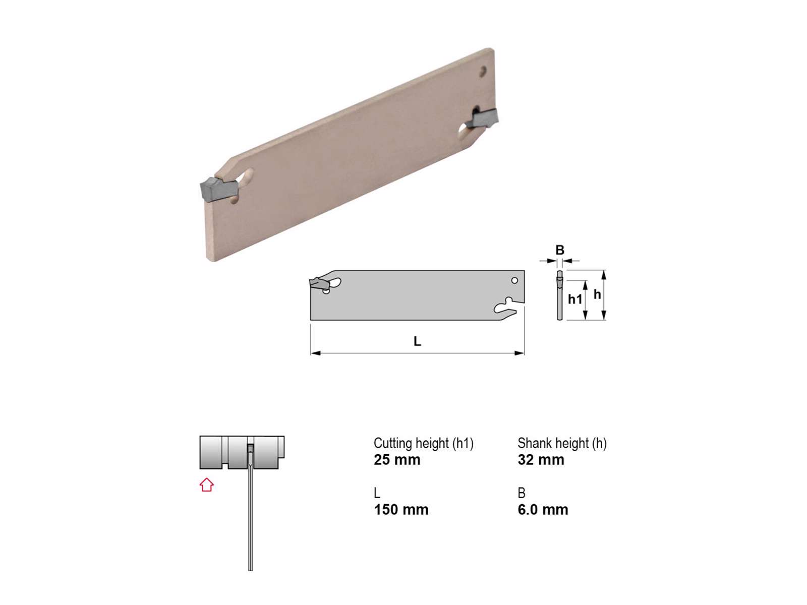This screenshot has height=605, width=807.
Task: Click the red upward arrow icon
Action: click(x=206, y=485)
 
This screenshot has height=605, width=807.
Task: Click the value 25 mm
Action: click(x=397, y=460)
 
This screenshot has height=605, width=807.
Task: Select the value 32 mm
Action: click(x=541, y=460)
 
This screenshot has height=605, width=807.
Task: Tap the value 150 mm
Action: click(x=401, y=510)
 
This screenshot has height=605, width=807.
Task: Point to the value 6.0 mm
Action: click(x=543, y=510)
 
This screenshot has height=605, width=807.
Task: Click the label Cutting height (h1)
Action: click(x=424, y=443)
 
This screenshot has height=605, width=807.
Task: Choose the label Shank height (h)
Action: click(x=562, y=443)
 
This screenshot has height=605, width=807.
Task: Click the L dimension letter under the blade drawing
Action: click(x=417, y=342)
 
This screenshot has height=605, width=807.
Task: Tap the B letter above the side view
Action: click(x=559, y=250)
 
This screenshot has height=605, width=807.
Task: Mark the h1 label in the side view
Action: click(x=575, y=299)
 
